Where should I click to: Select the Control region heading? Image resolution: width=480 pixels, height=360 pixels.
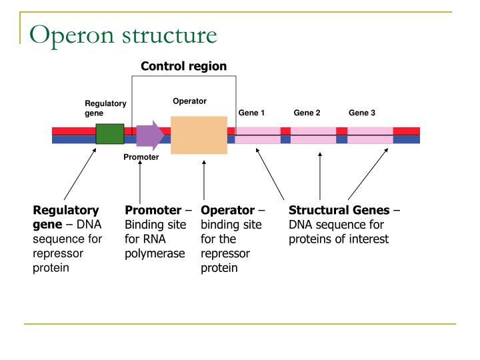pos(183,66)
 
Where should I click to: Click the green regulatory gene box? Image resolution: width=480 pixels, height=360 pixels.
pos(110,134)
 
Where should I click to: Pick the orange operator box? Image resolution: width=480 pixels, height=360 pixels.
pos(199,135)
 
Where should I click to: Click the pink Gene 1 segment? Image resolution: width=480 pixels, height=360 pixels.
pos(257,135)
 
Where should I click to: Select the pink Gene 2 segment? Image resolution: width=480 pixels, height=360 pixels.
pos(313,135)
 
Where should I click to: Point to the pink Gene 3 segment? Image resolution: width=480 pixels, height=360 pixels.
pos(370,135)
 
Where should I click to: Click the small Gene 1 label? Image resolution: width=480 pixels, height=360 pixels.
pos(251,113)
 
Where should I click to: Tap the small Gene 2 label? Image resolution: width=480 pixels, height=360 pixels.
pos(307,113)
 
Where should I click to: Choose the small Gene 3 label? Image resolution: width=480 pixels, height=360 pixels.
pos(362,113)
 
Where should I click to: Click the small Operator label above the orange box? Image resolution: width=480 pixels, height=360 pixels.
pos(190,101)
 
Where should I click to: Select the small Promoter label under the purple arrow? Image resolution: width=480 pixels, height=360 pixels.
pos(141,157)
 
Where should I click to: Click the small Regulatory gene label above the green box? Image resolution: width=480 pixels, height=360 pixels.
pos(105,108)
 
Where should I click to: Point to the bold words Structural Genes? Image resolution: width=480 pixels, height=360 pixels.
pos(339,210)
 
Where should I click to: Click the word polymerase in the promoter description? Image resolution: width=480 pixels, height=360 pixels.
pos(155,254)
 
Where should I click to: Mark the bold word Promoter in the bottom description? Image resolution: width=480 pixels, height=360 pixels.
pos(153,210)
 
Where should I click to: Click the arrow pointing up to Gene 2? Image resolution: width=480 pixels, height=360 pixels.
pos(320,177)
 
